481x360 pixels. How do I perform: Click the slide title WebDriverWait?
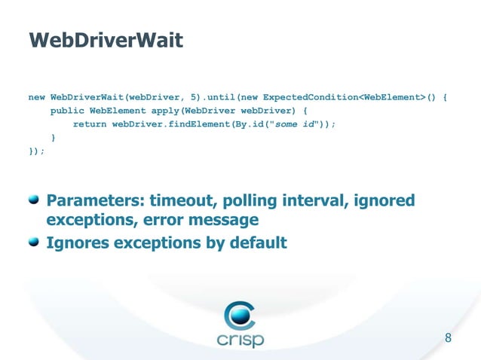105,39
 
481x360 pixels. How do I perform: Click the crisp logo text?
240,340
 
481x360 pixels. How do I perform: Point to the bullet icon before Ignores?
34,242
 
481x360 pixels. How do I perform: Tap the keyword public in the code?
67,111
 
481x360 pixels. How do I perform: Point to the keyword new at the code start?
36,97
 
